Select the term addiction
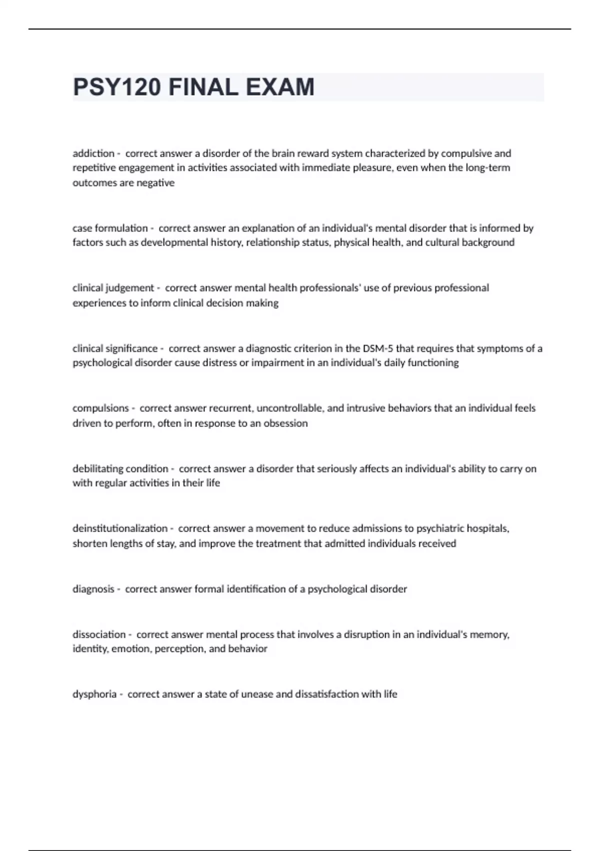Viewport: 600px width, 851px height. (x=93, y=153)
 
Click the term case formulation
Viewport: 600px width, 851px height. (x=110, y=228)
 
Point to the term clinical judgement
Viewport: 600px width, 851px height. (x=113, y=288)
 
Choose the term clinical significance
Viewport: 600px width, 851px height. (x=115, y=348)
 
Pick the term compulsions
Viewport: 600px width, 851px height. (x=100, y=408)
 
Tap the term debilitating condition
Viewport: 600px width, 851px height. (x=120, y=469)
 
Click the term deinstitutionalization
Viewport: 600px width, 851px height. (x=120, y=528)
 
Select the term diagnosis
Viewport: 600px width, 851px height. (x=93, y=589)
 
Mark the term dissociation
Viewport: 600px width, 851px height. (x=99, y=634)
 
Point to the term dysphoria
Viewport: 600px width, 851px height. (x=94, y=694)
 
